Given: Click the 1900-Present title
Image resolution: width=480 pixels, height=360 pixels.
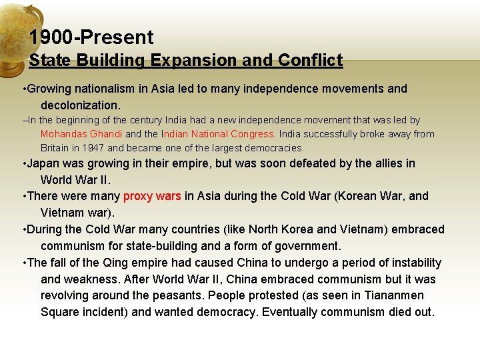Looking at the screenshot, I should [x=91, y=37].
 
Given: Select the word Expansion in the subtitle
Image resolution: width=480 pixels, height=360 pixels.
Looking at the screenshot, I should [x=188, y=61].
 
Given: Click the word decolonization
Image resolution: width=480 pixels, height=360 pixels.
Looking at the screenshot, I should [x=80, y=105].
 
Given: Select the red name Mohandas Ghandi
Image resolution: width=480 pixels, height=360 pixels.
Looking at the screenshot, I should [x=81, y=134].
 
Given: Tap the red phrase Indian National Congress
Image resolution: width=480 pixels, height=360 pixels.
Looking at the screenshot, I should [x=214, y=134].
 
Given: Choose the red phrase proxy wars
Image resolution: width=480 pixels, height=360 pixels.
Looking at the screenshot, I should [x=152, y=196].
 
